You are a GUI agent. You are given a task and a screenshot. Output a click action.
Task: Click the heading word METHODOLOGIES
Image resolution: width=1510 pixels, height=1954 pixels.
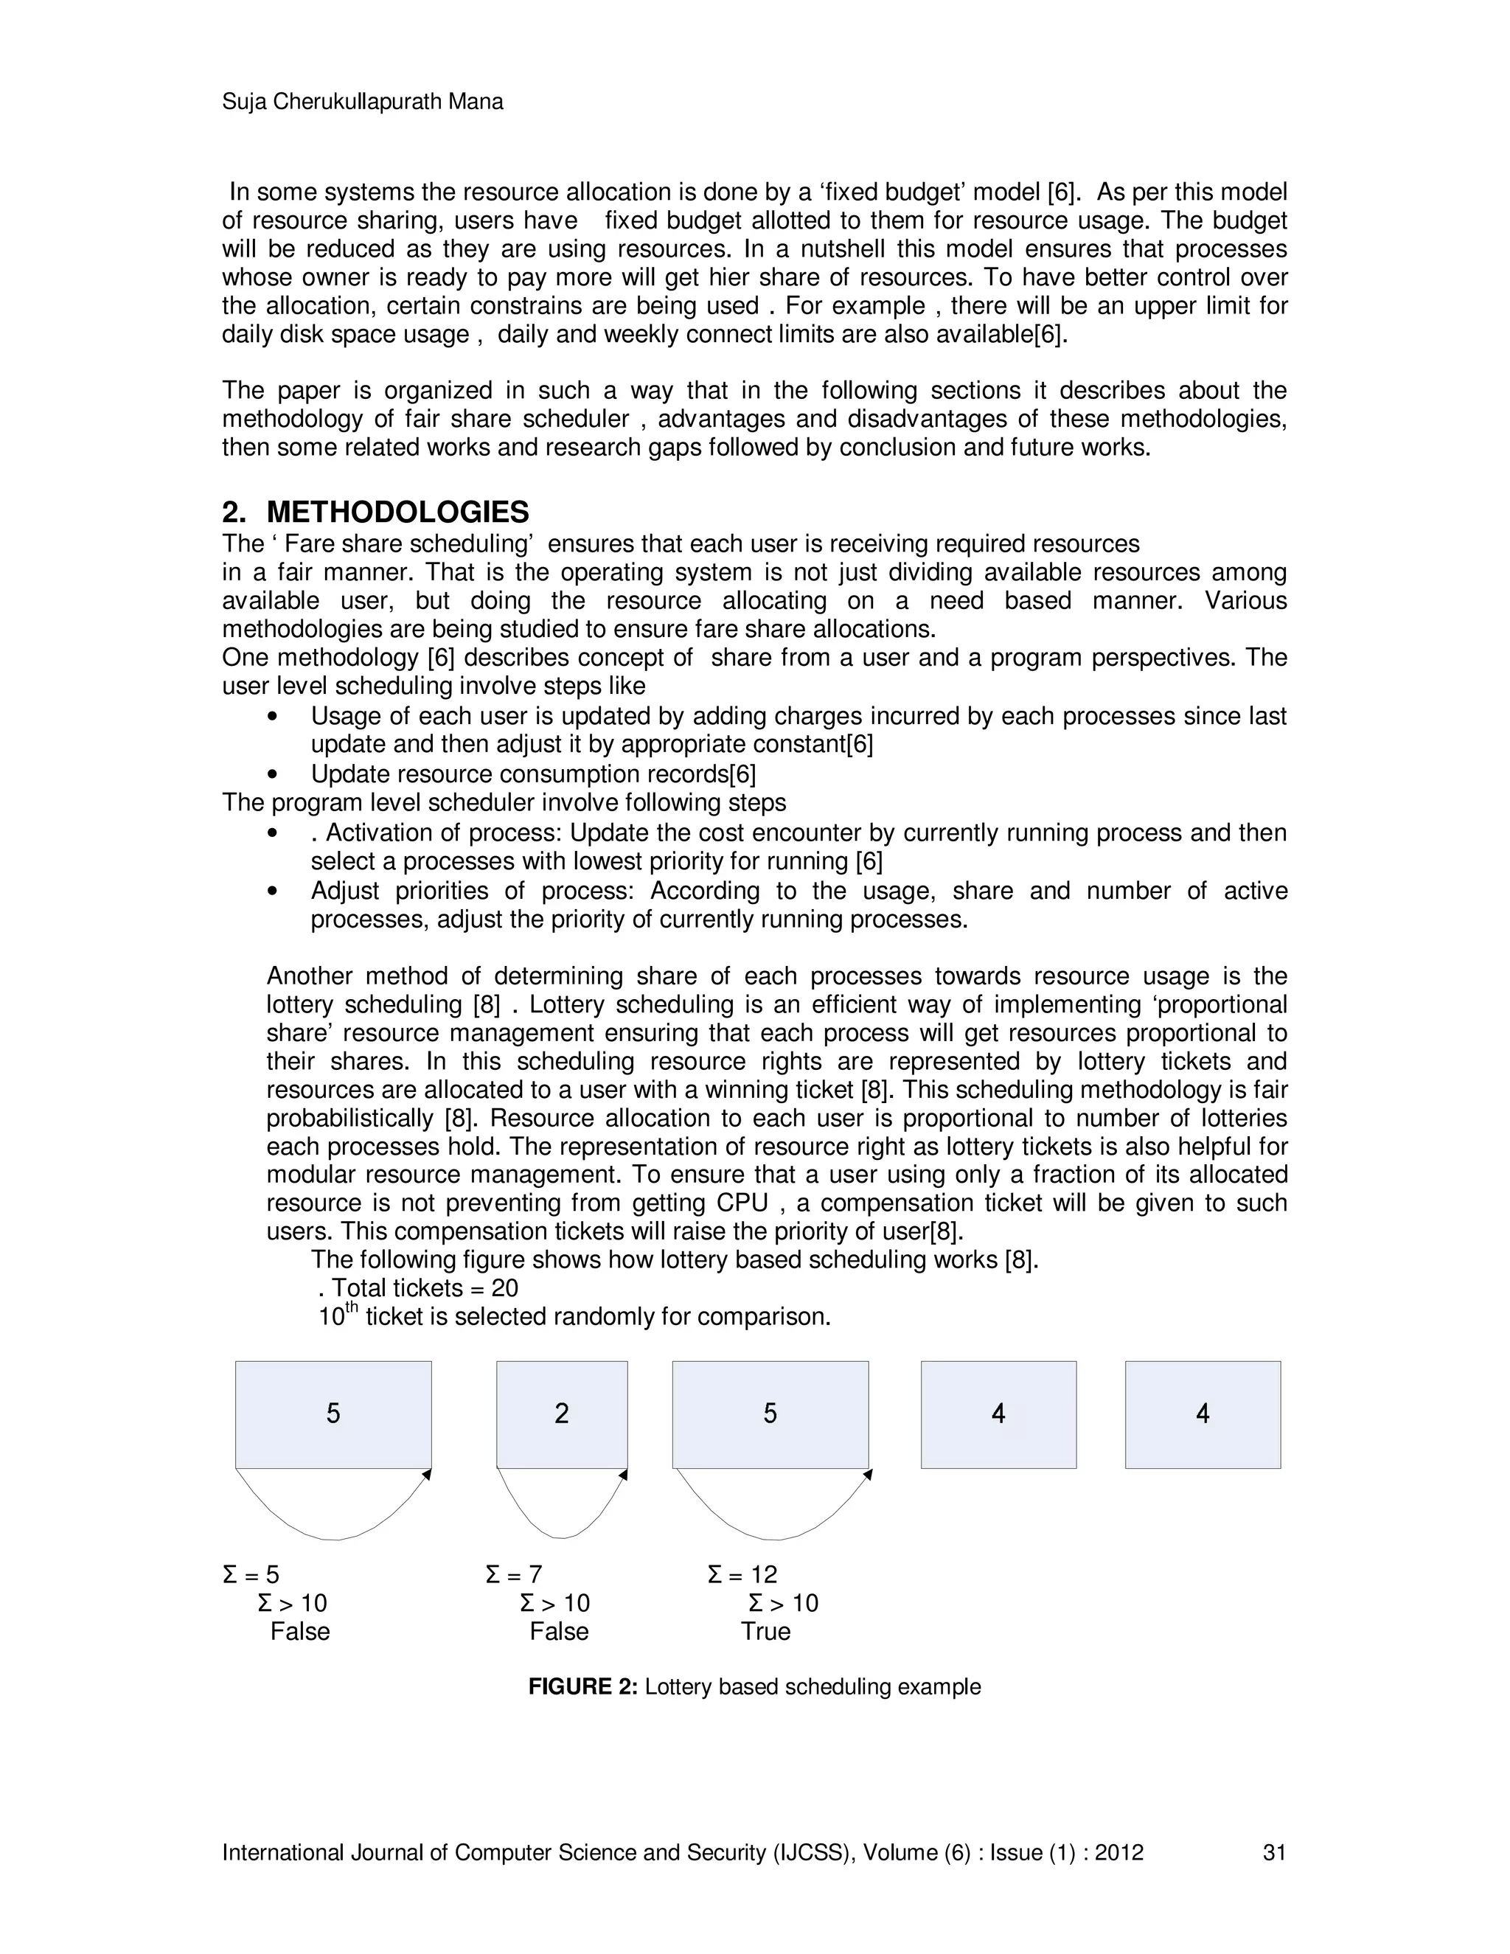pos(397,512)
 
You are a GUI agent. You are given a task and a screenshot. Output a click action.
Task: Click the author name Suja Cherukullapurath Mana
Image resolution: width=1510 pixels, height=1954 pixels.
pos(362,102)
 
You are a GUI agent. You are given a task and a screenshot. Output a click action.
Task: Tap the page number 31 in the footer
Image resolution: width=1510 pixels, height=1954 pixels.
pos(1274,1852)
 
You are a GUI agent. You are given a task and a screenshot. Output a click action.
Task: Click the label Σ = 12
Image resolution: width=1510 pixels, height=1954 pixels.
pos(742,1575)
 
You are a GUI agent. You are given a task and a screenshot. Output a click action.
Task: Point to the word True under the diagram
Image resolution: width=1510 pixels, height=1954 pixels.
pos(766,1631)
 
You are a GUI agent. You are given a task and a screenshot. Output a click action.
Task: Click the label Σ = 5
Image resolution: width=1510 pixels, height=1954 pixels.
pos(251,1575)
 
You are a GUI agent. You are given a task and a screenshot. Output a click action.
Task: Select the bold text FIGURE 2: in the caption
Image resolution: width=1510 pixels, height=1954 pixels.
pos(582,1686)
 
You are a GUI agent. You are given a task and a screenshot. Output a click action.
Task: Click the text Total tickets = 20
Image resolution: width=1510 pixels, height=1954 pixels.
pos(424,1288)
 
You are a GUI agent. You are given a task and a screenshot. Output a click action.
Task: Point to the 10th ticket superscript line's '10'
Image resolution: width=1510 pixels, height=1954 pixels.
pos(331,1318)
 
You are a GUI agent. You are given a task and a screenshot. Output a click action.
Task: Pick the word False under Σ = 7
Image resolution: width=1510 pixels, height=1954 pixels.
pos(559,1631)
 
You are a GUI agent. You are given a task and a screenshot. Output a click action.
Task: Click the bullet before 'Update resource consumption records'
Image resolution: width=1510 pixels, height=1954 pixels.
pos(272,775)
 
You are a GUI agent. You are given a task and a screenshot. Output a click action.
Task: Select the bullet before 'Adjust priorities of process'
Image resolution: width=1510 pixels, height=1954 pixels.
pos(272,892)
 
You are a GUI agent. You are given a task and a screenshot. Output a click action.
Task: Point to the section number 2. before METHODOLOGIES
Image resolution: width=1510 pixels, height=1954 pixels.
pos(234,512)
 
